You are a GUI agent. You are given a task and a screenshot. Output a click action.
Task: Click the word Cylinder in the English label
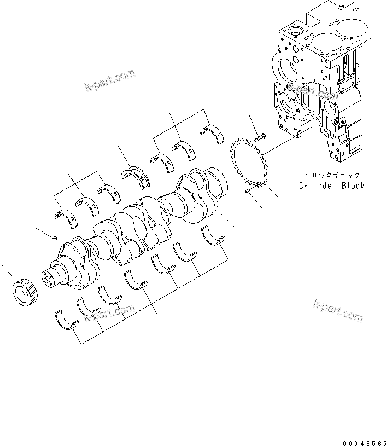point(317,186)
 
